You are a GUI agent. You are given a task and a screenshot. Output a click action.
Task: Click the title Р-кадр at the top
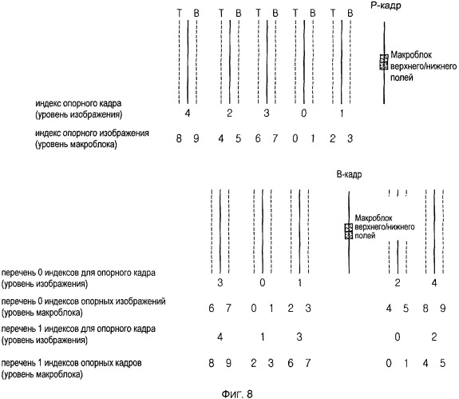point(386,6)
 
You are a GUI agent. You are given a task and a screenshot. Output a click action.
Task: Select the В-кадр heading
point(349,174)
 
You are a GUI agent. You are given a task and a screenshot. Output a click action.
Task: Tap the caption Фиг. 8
point(237,393)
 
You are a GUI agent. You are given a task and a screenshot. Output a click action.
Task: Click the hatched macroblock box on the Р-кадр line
point(384,62)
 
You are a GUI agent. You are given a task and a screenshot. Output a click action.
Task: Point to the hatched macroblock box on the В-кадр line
point(348,231)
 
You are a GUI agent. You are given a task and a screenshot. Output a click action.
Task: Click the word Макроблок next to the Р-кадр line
point(411,55)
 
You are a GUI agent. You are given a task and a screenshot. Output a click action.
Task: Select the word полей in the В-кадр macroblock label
point(365,235)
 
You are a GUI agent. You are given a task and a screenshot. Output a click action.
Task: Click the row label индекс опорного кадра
point(78,103)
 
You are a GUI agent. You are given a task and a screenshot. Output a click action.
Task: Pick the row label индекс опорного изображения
point(92,134)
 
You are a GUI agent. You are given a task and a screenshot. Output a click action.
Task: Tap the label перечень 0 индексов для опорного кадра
point(78,273)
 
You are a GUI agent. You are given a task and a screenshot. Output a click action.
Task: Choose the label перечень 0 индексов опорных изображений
point(84,301)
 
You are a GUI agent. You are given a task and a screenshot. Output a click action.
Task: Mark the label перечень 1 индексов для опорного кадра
point(78,329)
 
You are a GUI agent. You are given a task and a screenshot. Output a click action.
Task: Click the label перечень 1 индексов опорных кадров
point(71,363)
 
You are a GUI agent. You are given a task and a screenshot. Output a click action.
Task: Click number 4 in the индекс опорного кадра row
point(188,113)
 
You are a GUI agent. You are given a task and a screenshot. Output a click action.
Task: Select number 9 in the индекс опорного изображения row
point(196,138)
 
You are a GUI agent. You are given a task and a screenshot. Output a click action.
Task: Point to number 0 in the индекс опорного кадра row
point(304,113)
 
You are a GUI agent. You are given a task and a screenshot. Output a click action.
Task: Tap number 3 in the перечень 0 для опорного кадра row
point(220,282)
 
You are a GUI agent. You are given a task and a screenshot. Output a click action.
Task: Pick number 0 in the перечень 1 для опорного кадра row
point(398,337)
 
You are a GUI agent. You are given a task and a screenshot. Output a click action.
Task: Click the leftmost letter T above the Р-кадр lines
point(179,13)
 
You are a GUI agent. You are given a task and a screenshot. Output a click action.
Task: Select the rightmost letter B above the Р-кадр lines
point(350,13)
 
